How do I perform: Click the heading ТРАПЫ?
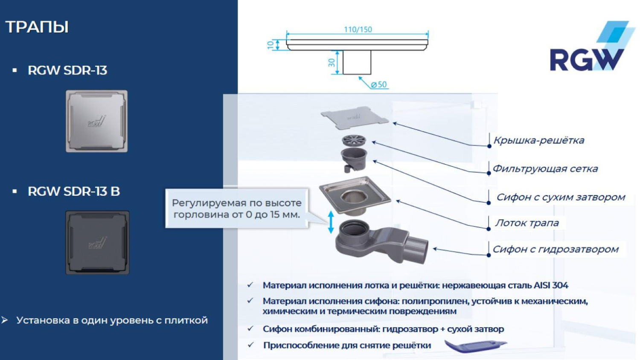(x=37, y=27)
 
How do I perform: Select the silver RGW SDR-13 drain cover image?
(x=96, y=121)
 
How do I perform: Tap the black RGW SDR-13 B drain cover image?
(x=97, y=242)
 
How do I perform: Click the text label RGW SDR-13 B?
(x=73, y=192)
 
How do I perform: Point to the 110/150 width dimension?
(x=358, y=29)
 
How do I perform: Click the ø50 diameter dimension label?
(x=378, y=84)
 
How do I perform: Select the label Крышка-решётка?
(x=538, y=140)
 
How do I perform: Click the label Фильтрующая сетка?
(x=545, y=168)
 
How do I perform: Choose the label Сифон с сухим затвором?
(x=560, y=197)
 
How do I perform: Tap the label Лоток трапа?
(x=527, y=223)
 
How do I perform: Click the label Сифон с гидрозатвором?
(x=555, y=249)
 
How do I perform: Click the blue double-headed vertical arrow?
(x=331, y=222)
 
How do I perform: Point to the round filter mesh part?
(x=354, y=140)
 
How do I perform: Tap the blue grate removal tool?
(x=474, y=345)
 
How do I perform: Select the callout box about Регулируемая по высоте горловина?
(x=236, y=209)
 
